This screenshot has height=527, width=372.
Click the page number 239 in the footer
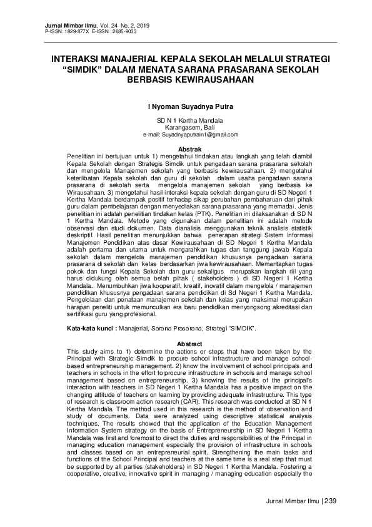tap(330, 501)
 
